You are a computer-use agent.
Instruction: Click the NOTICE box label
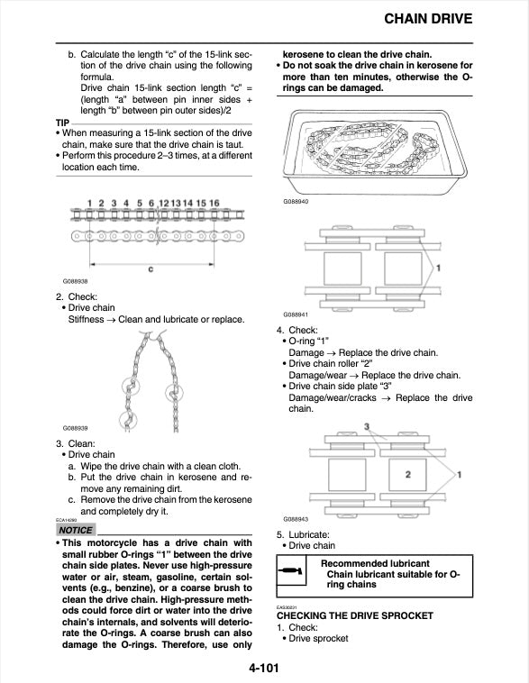tap(75, 530)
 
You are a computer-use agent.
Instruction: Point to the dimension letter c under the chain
tap(150, 269)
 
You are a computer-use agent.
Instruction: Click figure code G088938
tap(77, 281)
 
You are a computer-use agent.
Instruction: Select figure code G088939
tap(77, 428)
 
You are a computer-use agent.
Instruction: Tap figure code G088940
tap(296, 201)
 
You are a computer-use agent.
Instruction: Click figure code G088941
tap(296, 314)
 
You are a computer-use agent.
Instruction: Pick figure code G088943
tap(296, 519)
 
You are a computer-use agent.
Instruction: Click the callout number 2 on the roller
tap(407, 474)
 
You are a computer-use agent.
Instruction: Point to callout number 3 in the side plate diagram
tap(367, 425)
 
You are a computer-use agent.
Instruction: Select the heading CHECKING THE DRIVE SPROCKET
tap(368, 615)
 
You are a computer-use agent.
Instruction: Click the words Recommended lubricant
tap(367, 563)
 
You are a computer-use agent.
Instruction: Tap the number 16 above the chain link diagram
tap(214, 203)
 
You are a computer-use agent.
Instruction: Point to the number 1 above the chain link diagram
tap(88, 203)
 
